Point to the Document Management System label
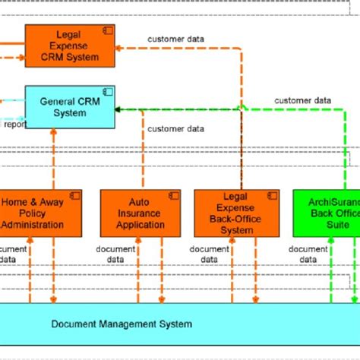[122, 324]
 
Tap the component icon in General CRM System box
[108, 92]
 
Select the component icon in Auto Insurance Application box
[174, 196]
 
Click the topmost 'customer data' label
[175, 38]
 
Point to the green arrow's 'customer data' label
[302, 99]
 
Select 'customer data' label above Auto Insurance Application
[175, 129]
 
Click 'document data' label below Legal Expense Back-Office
[208, 254]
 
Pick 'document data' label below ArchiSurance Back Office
[308, 254]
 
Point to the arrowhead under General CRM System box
[54, 131]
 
